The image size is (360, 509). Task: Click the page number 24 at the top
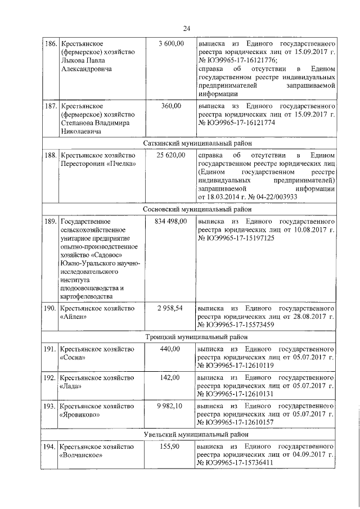[187, 28]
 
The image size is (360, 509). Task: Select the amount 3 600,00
[172, 43]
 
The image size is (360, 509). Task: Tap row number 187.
[51, 106]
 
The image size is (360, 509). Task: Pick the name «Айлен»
[73, 317]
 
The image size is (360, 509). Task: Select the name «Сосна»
[73, 358]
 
